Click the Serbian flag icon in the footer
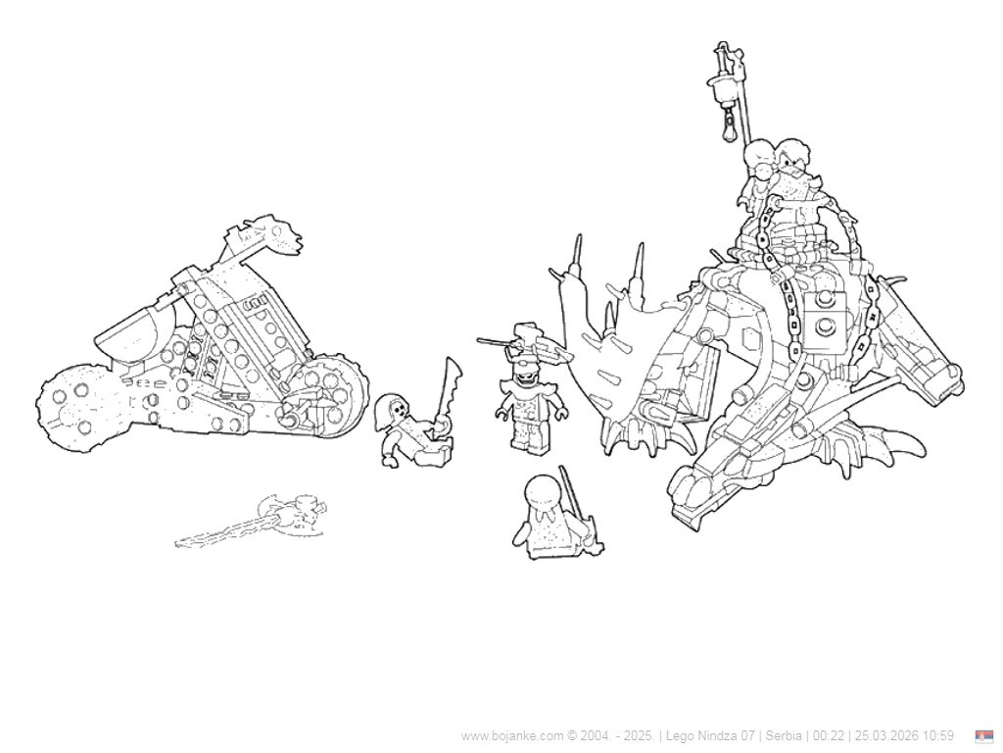pyautogui.click(x=984, y=735)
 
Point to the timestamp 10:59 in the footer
pyautogui.click(x=937, y=735)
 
